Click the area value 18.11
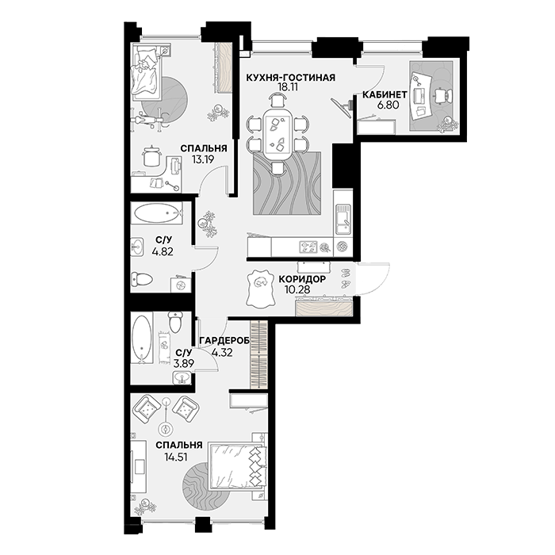pyautogui.click(x=288, y=87)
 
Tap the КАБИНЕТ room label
pyautogui.click(x=385, y=94)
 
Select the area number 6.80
pyautogui.click(x=388, y=105)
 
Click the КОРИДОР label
pyautogui.click(x=302, y=279)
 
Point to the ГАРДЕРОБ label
pyautogui.click(x=224, y=340)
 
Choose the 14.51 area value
pyautogui.click(x=175, y=457)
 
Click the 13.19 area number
pyautogui.click(x=203, y=159)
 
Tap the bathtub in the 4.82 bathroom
pyautogui.click(x=157, y=212)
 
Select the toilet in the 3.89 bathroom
pyautogui.click(x=175, y=322)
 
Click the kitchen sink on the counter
pyautogui.click(x=343, y=219)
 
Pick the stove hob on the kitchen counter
pyautogui.click(x=308, y=247)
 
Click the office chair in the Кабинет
pyautogui.click(x=443, y=96)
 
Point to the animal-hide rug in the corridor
pyautogui.click(x=261, y=288)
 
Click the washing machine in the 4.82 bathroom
pyautogui.click(x=181, y=284)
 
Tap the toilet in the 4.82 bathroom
pyautogui.click(x=142, y=279)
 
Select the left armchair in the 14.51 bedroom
pyautogui.click(x=146, y=409)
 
